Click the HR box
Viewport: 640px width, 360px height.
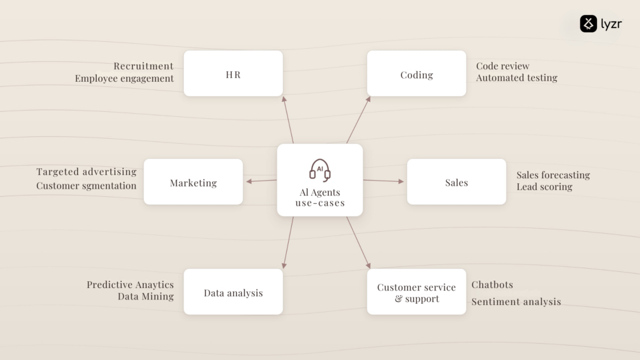tap(233, 74)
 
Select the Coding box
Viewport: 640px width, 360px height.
tap(416, 74)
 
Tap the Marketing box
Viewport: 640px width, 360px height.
tap(193, 182)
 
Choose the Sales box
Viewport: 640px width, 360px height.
tap(456, 182)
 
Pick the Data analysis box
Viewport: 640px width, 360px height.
tap(233, 291)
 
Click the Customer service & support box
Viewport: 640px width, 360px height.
tap(416, 291)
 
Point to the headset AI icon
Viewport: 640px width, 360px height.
tap(319, 170)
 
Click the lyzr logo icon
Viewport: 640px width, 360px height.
tap(588, 24)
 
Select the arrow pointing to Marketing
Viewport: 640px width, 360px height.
tap(261, 181)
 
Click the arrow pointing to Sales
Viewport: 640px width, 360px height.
tap(383, 181)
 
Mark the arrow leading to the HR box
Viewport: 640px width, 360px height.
tap(287, 119)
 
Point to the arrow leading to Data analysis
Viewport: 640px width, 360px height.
tap(287, 242)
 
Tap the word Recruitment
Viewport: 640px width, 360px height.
tap(143, 66)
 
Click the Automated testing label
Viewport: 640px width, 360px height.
tap(516, 77)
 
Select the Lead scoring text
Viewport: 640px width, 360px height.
tap(544, 187)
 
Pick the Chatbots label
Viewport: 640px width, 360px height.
tap(492, 284)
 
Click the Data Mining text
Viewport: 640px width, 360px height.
tap(146, 296)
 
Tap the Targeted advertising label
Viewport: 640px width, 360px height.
tap(86, 172)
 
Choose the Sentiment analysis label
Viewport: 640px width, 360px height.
tap(516, 302)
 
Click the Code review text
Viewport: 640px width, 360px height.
tap(502, 66)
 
